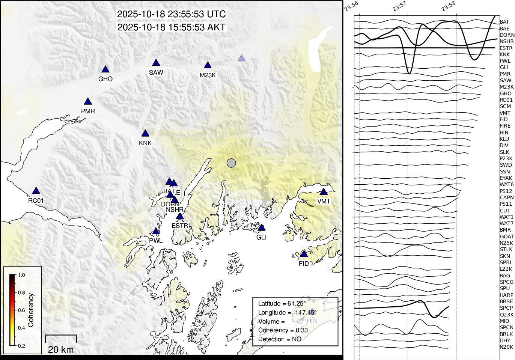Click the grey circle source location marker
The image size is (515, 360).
coord(232,163)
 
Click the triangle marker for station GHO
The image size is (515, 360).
coord(105,69)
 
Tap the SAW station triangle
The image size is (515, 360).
coord(156,63)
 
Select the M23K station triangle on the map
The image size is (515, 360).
coord(208,66)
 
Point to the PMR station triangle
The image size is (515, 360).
coord(88,102)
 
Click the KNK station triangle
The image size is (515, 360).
coord(145,134)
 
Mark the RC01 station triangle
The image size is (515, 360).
coord(36,191)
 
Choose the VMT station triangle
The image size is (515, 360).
coord(324,192)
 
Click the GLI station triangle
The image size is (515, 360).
coord(262,228)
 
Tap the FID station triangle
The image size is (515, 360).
coord(304,254)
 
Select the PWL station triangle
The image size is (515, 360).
coord(156,231)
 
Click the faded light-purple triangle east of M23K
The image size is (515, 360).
coord(242,58)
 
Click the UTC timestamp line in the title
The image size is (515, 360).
coord(172,14)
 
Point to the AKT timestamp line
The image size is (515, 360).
coord(172,27)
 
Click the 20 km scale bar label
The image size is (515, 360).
coord(61,349)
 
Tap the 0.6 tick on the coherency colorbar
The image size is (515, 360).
coord(21,310)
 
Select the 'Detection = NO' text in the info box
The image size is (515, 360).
coord(280,339)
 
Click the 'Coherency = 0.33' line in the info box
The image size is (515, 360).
coord(283,330)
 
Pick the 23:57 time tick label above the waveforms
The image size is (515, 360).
coord(400,6)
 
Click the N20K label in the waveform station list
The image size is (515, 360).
coord(506,347)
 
